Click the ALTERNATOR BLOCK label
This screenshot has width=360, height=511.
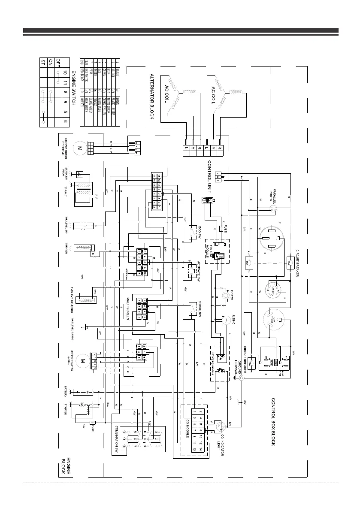(x=151, y=96)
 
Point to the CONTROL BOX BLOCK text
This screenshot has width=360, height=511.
(x=273, y=422)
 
